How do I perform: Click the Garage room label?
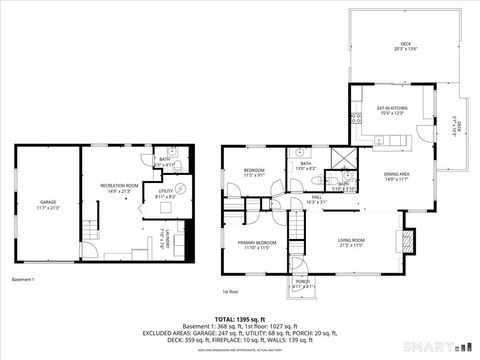[48, 205]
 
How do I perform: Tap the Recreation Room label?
[118, 187]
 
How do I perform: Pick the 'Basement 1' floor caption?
[24, 278]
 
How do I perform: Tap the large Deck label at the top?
[405, 46]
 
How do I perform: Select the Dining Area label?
[397, 176]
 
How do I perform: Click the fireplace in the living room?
[404, 241]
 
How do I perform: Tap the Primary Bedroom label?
[257, 245]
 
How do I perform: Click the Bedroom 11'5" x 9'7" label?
[254, 172]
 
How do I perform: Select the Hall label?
[316, 200]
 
